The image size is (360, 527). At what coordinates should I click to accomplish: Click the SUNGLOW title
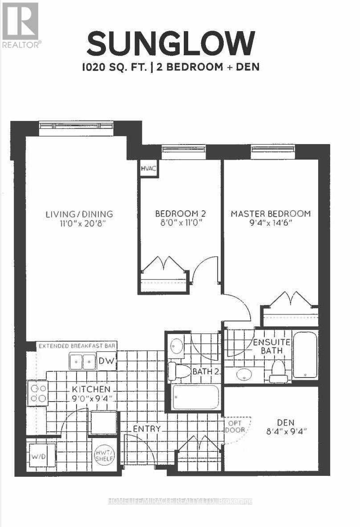pyautogui.click(x=171, y=44)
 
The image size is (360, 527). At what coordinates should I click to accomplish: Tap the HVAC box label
pyautogui.click(x=147, y=169)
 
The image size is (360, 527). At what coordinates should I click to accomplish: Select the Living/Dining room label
pyautogui.click(x=79, y=214)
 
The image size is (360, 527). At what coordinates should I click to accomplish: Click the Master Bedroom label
pyautogui.click(x=271, y=214)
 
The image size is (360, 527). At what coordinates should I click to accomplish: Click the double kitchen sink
pyautogui.click(x=82, y=361)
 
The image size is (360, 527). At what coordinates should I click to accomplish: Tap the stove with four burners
pyautogui.click(x=38, y=393)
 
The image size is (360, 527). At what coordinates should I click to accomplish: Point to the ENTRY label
pyautogui.click(x=146, y=429)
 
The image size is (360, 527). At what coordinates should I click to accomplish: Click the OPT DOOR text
pyautogui.click(x=235, y=427)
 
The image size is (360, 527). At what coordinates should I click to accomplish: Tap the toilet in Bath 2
pyautogui.click(x=178, y=371)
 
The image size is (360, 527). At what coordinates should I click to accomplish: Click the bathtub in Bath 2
pyautogui.click(x=196, y=397)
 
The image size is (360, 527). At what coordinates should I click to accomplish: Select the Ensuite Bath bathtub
pyautogui.click(x=305, y=353)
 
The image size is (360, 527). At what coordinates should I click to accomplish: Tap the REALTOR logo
pyautogui.click(x=20, y=25)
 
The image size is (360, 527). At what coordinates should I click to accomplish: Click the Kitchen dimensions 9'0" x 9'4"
pyautogui.click(x=93, y=399)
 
